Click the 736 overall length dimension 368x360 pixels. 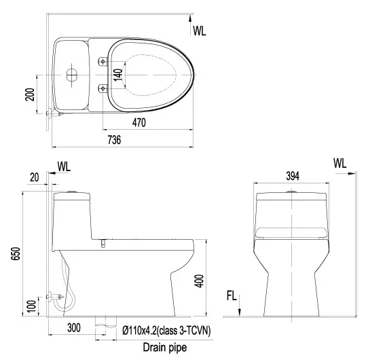click(x=114, y=140)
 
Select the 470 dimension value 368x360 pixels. click(x=139, y=122)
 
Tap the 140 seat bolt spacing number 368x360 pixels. click(x=118, y=75)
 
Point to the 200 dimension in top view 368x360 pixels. click(x=30, y=94)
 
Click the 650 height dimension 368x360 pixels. click(x=16, y=253)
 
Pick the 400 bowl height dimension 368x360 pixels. click(x=199, y=281)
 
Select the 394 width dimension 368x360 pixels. click(x=293, y=176)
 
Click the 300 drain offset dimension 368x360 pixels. click(x=74, y=327)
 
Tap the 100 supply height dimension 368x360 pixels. click(x=31, y=306)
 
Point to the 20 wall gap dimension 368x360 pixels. click(x=34, y=177)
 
